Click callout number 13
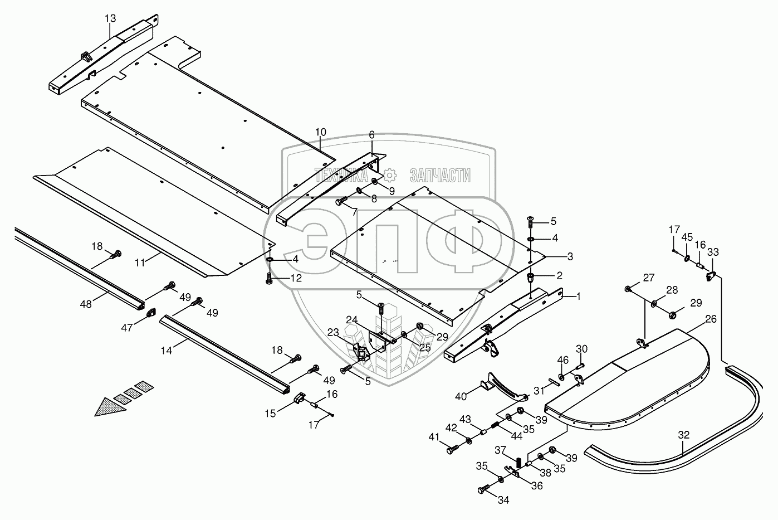(x=110, y=18)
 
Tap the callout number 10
(x=321, y=132)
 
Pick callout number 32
(x=683, y=435)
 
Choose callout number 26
(x=711, y=319)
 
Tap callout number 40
(x=461, y=396)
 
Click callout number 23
(x=333, y=332)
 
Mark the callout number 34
(x=503, y=500)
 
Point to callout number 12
(x=296, y=278)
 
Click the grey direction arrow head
(x=106, y=410)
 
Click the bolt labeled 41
(x=452, y=446)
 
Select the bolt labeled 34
(x=483, y=489)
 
